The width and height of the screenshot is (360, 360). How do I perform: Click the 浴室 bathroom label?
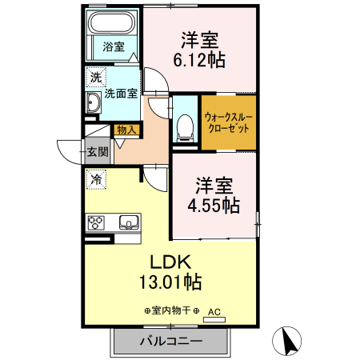(113, 46)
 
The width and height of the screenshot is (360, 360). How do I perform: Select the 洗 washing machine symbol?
(96, 78)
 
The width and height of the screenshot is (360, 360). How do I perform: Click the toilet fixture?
(185, 124)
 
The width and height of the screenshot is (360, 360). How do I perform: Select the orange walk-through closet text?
(228, 121)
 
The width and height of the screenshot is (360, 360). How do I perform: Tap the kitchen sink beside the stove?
(128, 222)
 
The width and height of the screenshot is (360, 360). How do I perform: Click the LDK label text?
(170, 262)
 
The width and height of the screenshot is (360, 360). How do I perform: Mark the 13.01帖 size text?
(170, 282)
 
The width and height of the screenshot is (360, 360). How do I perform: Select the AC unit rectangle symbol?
(214, 318)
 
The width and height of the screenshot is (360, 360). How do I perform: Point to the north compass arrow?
(286, 342)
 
